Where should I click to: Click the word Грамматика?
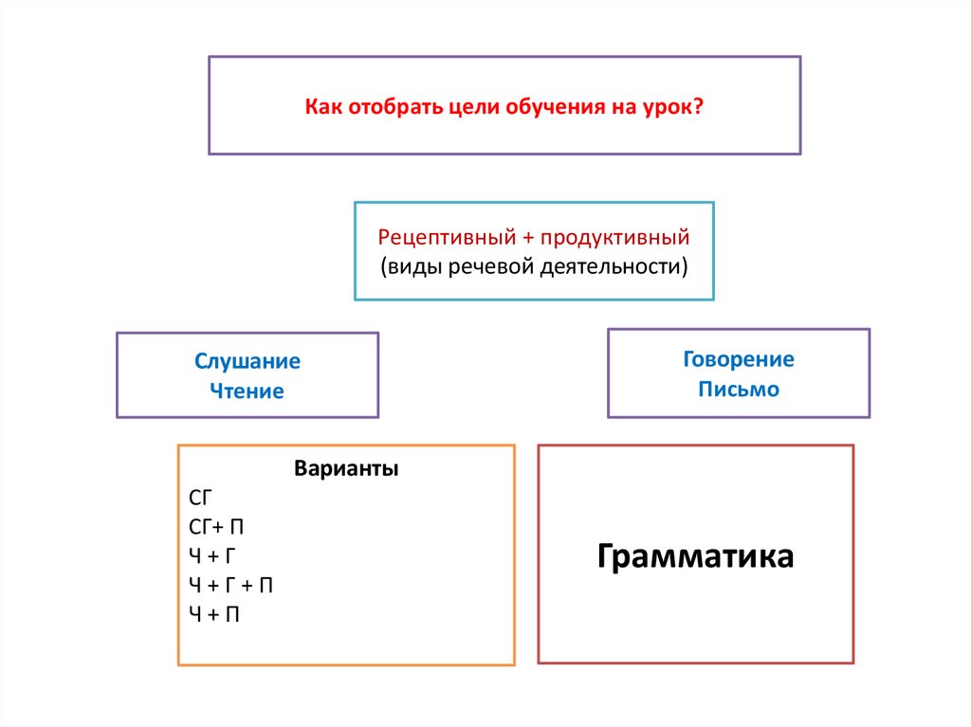pyautogui.click(x=695, y=555)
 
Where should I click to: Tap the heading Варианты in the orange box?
pyautogui.click(x=346, y=469)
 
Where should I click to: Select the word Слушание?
pyautogui.click(x=247, y=361)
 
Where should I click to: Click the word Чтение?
pyautogui.click(x=247, y=391)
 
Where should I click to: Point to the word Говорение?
pyautogui.click(x=739, y=359)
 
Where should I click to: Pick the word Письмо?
pyautogui.click(x=739, y=389)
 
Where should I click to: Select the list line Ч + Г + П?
pyautogui.click(x=231, y=585)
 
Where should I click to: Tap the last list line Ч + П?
pyautogui.click(x=214, y=614)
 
